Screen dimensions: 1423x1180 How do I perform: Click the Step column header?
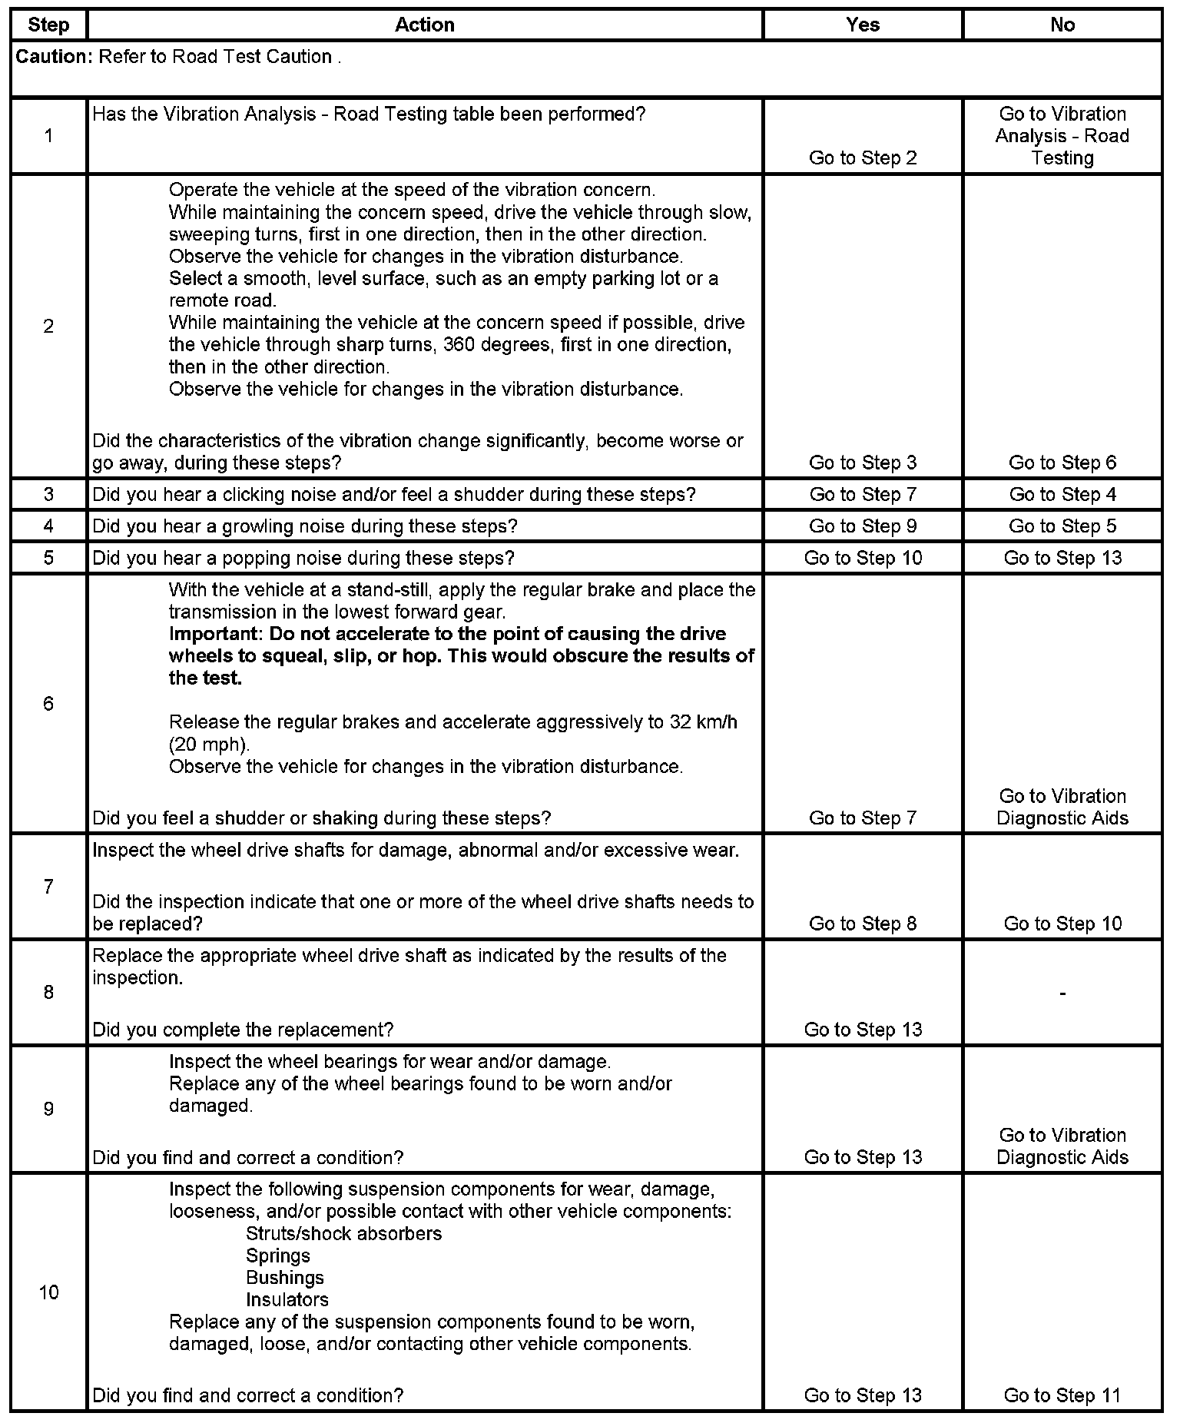click(x=48, y=25)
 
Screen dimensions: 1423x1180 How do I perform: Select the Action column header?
click(x=424, y=25)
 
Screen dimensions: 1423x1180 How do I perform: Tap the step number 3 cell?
click(x=48, y=494)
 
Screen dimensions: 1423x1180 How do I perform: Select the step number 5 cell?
click(x=48, y=558)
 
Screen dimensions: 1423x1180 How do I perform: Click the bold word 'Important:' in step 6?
click(x=212, y=635)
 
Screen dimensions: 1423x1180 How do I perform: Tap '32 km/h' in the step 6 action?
click(x=701, y=722)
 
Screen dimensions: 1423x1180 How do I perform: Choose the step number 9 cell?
click(x=48, y=1109)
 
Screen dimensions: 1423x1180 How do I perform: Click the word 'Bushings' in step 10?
click(x=284, y=1278)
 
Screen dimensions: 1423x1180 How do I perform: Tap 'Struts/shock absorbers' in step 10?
click(x=343, y=1234)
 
